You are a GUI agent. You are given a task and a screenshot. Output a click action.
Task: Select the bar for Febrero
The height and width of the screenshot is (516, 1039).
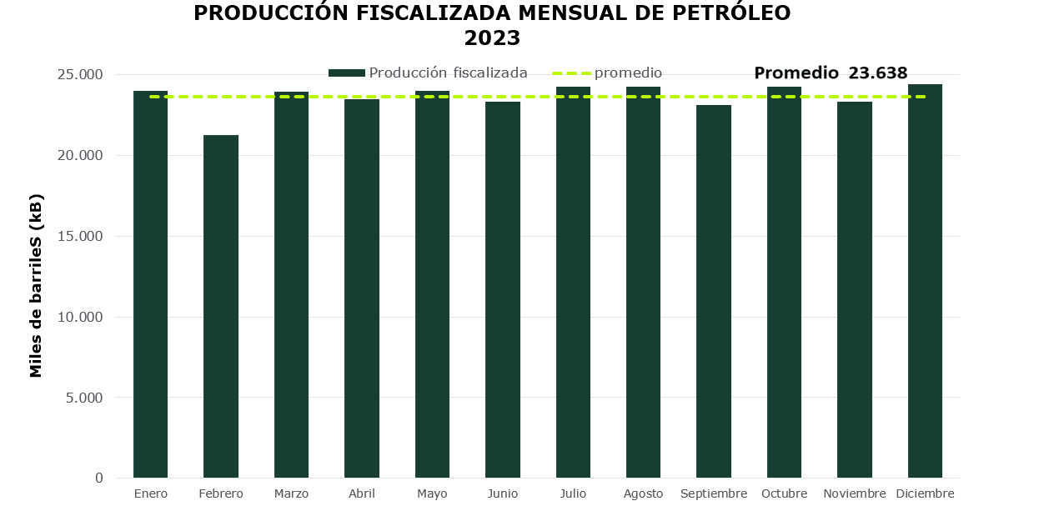click(221, 306)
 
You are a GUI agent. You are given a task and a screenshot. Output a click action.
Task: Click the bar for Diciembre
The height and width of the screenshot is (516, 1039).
click(925, 281)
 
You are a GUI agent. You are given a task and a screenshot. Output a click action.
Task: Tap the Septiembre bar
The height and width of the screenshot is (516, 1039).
click(714, 291)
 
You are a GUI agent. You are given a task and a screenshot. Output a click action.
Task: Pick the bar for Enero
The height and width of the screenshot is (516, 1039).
click(150, 284)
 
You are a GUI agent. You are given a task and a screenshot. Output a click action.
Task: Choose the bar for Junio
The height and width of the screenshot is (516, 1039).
click(503, 289)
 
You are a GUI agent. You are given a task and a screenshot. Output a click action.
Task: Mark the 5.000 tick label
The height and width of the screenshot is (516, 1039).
click(84, 398)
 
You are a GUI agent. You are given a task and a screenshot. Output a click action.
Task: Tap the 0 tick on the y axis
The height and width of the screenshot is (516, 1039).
click(98, 478)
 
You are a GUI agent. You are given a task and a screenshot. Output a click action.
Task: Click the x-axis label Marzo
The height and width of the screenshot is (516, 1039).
click(291, 493)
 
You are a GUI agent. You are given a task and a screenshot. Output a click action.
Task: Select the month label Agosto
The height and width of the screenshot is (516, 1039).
click(643, 493)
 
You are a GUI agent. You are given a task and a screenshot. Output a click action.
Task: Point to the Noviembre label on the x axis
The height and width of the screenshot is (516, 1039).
click(854, 493)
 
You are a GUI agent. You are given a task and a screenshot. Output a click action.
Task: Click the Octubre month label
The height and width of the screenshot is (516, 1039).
click(784, 493)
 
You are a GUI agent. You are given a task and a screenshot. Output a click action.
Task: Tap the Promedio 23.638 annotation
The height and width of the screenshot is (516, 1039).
click(831, 73)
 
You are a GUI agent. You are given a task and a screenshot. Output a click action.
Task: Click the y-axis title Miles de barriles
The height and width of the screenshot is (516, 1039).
click(37, 286)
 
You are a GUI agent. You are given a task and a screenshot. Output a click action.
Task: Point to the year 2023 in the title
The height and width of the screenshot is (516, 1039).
click(492, 38)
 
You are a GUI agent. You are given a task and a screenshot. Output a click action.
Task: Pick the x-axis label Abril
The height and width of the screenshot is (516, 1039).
click(362, 493)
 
